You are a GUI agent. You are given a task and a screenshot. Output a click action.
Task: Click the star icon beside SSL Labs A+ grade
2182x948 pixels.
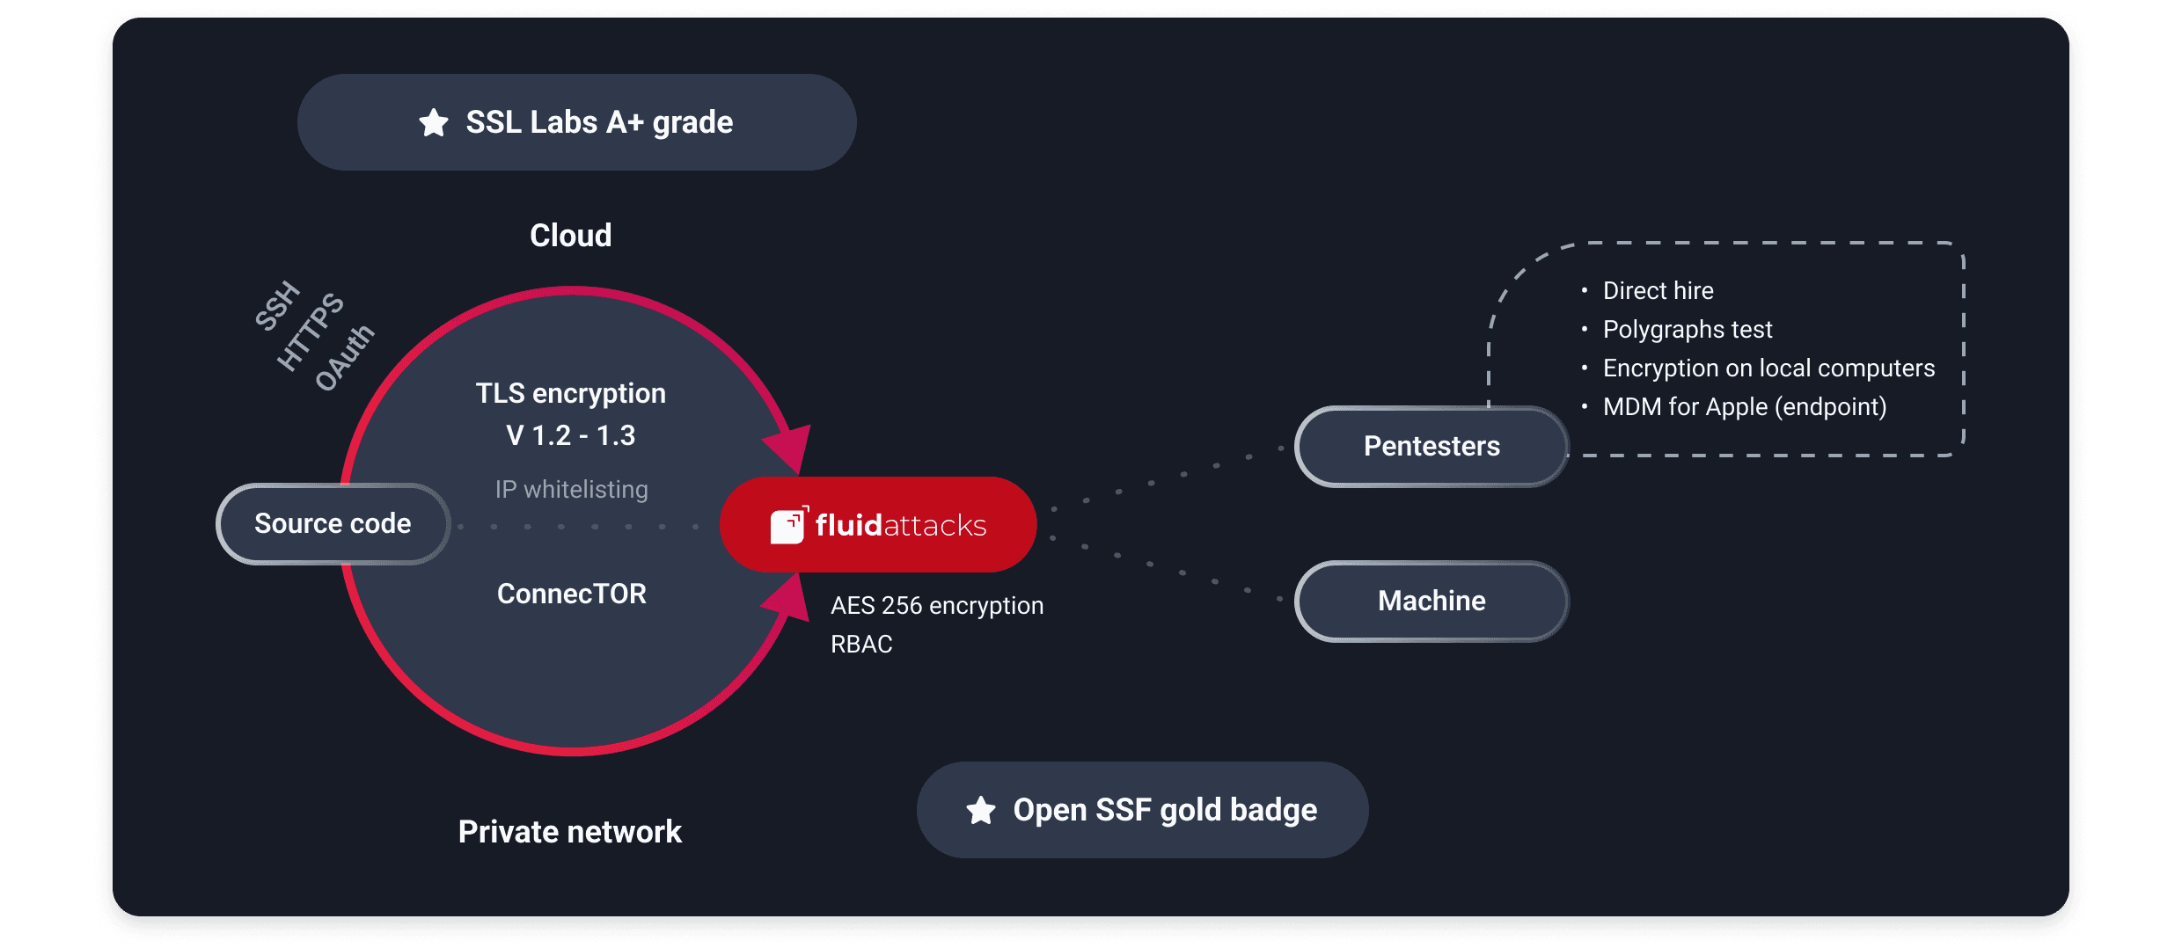(434, 122)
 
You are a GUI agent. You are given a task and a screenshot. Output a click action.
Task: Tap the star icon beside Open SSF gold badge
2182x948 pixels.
(981, 810)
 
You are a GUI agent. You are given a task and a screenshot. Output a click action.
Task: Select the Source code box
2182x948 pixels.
(333, 524)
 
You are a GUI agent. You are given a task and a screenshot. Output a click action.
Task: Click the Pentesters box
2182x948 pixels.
(1431, 447)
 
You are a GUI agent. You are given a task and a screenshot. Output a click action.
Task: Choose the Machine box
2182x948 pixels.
(1431, 602)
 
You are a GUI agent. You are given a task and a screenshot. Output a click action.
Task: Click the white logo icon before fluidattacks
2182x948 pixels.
(789, 525)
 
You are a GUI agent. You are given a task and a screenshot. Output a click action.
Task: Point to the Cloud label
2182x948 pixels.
(571, 236)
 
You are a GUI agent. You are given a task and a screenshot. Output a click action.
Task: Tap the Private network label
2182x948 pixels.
(570, 832)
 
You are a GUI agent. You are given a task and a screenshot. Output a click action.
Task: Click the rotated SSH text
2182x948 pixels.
(277, 306)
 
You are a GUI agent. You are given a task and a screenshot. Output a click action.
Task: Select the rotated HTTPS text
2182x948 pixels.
(311, 332)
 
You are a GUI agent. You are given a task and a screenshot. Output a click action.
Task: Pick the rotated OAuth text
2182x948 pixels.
(345, 357)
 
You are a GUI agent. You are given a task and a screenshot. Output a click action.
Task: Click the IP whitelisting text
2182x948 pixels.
(572, 489)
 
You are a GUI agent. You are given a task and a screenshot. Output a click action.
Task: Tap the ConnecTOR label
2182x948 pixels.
(572, 594)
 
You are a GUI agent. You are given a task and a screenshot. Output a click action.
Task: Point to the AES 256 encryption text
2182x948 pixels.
(937, 606)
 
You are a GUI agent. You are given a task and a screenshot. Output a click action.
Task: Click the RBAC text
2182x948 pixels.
(861, 645)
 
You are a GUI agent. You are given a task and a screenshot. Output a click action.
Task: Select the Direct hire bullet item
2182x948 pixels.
(1658, 291)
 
